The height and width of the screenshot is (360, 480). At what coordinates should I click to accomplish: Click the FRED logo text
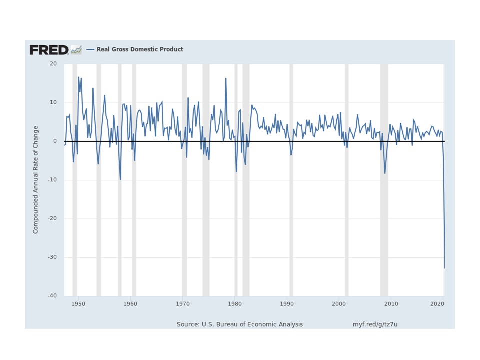49,50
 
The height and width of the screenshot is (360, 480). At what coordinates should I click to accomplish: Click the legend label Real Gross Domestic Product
140,49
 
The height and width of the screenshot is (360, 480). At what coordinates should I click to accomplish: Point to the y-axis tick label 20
53,64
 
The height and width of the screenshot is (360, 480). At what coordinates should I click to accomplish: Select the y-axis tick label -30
52,257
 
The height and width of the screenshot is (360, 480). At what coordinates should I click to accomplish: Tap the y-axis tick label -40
52,296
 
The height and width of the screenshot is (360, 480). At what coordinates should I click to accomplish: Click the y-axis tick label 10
53,102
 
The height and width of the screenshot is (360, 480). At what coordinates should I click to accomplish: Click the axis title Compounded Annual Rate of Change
36,180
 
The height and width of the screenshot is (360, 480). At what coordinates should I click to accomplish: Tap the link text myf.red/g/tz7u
375,324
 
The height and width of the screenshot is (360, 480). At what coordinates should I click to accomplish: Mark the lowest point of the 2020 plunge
444,268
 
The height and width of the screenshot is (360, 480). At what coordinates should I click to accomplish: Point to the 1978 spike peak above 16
226,78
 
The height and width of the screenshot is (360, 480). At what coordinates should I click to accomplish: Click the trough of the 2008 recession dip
385,173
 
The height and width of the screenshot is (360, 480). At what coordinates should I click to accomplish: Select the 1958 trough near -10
120,179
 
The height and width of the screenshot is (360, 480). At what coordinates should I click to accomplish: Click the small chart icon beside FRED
76,50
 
